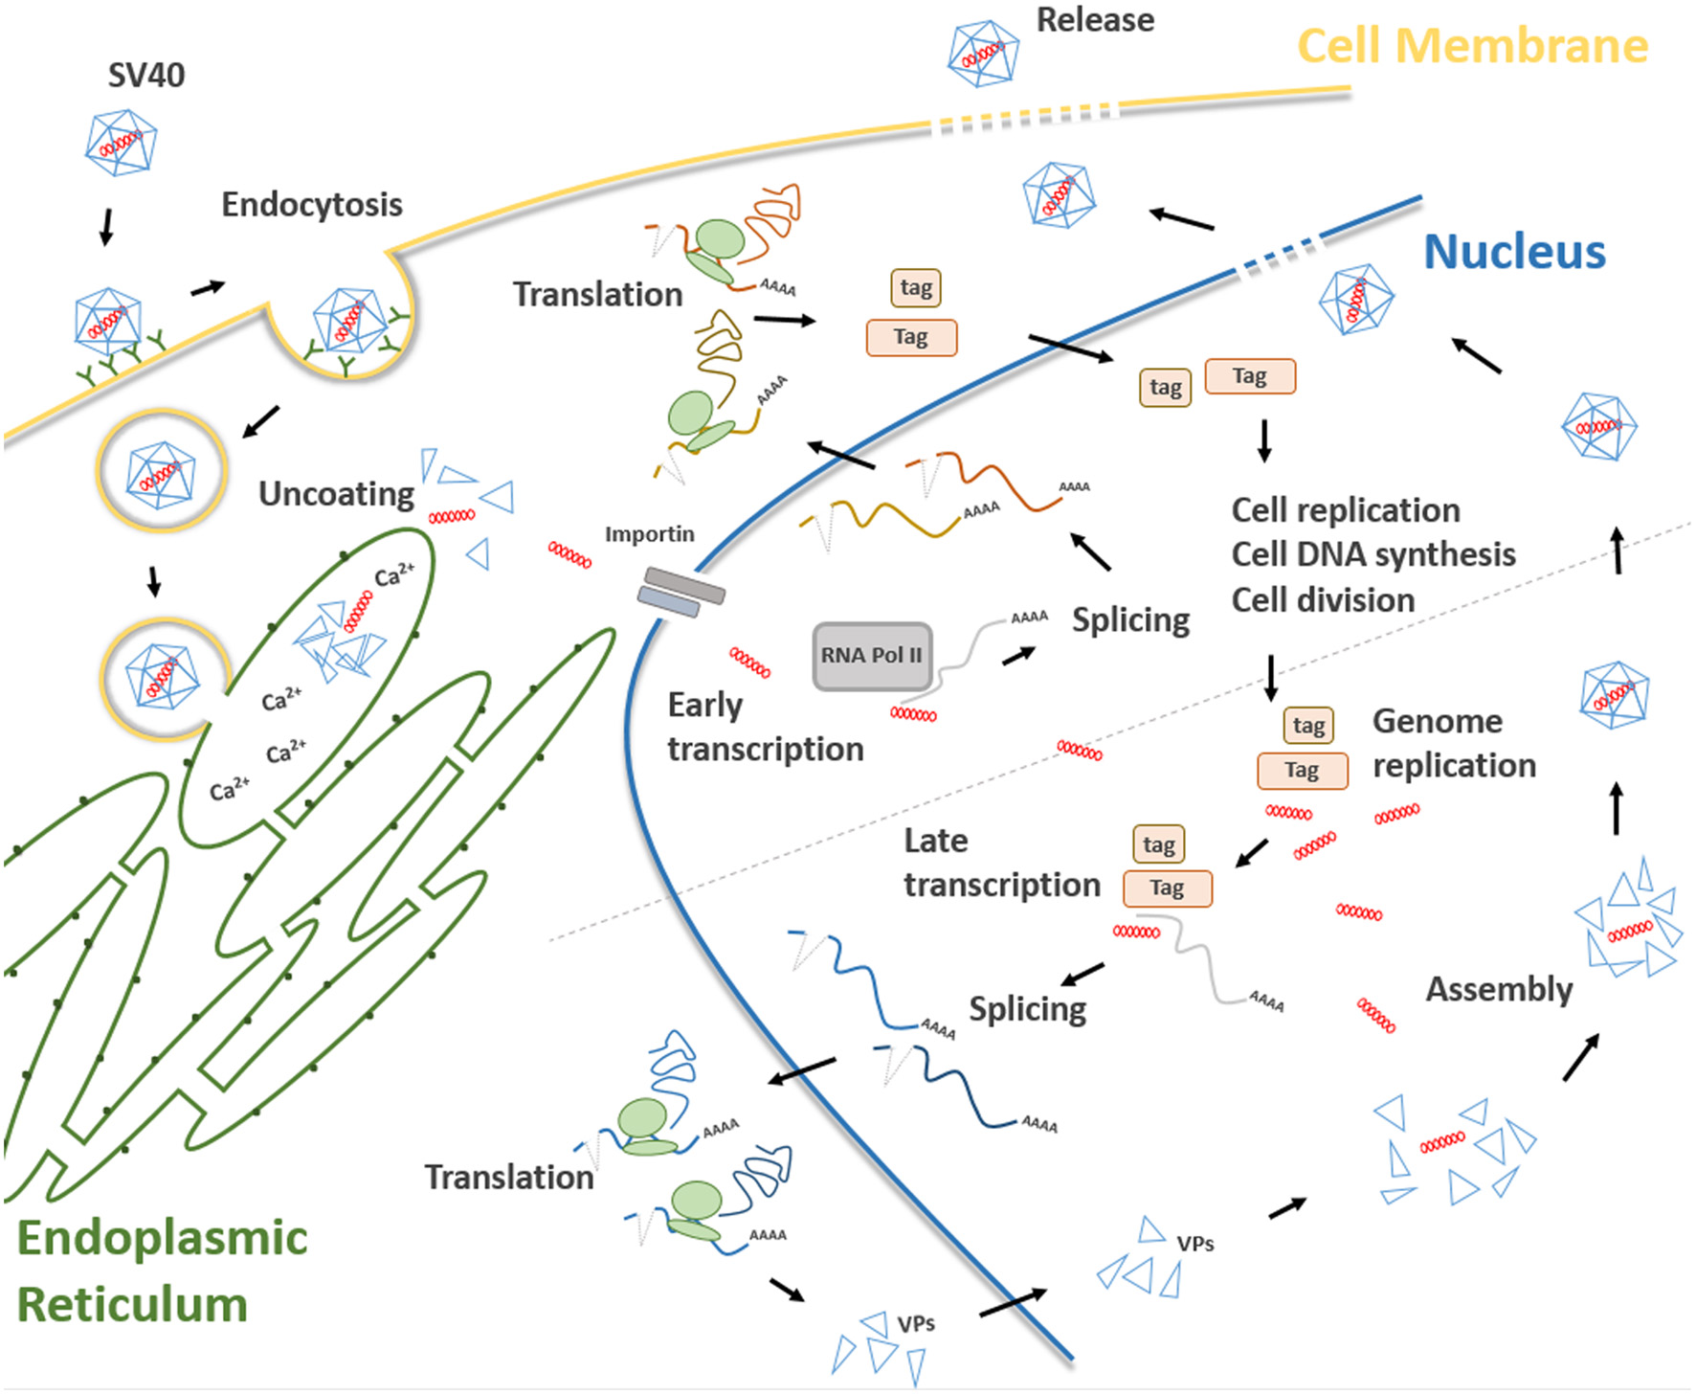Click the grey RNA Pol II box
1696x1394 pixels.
point(871,656)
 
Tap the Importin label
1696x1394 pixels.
point(649,534)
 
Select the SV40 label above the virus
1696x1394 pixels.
point(145,75)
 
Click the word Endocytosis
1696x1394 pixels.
point(312,204)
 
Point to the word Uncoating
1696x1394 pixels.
point(336,494)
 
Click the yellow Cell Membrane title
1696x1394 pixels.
point(1472,46)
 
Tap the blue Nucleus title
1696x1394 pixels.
point(1514,252)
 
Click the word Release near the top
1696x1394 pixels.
point(1095,20)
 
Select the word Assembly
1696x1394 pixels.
point(1499,989)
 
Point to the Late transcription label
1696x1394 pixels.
point(1001,863)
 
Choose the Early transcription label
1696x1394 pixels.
point(765,727)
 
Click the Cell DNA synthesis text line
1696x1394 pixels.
point(1372,554)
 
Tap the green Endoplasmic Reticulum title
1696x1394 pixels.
point(162,1271)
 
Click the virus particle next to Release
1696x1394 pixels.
point(983,54)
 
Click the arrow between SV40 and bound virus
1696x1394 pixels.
point(106,226)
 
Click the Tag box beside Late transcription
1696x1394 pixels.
point(1167,888)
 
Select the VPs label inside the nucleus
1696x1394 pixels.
point(1194,1244)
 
